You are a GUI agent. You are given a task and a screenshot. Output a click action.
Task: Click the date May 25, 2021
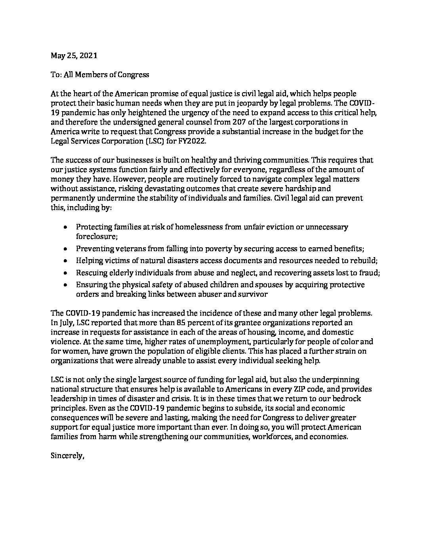click(74, 56)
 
